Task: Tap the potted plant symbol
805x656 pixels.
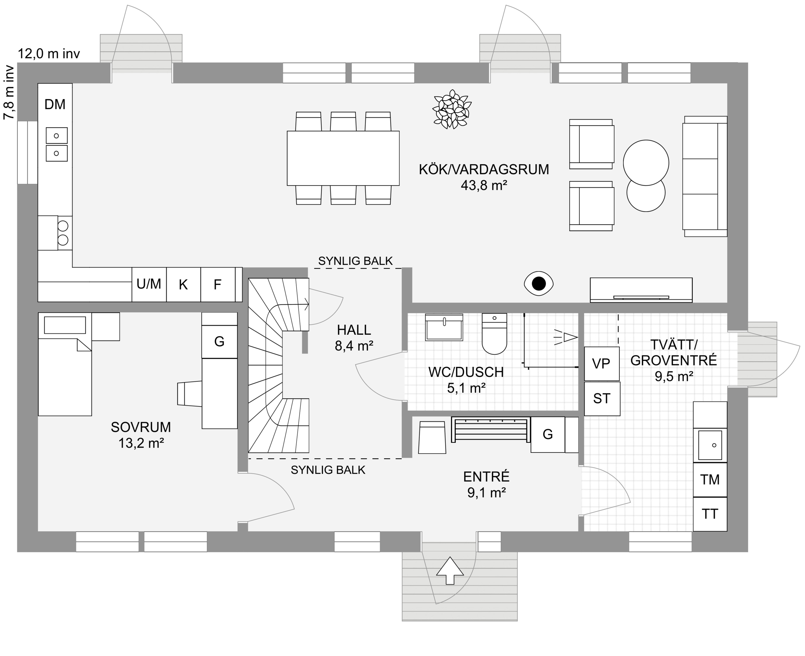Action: [452, 109]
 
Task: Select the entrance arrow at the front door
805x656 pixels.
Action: [450, 571]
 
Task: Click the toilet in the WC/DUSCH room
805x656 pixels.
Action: [494, 334]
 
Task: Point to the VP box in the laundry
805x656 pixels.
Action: [602, 364]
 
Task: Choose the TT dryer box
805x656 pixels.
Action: [710, 514]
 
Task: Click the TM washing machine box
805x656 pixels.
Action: [710, 480]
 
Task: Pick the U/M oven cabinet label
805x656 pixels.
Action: [149, 284]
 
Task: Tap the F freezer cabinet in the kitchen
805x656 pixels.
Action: [218, 285]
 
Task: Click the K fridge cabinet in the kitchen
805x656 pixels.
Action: [183, 285]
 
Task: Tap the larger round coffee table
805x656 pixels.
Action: [646, 163]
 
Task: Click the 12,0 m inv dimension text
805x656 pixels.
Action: [49, 54]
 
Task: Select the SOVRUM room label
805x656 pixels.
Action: [141, 427]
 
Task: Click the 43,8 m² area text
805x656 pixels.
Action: [484, 185]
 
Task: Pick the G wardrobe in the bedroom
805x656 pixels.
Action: [220, 342]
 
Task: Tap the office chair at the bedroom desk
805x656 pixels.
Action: [190, 394]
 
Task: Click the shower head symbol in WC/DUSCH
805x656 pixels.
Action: [566, 337]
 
